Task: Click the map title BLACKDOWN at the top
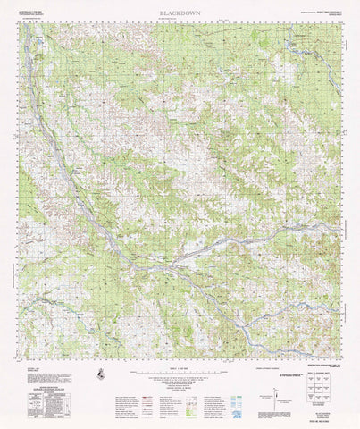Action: click(180, 13)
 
